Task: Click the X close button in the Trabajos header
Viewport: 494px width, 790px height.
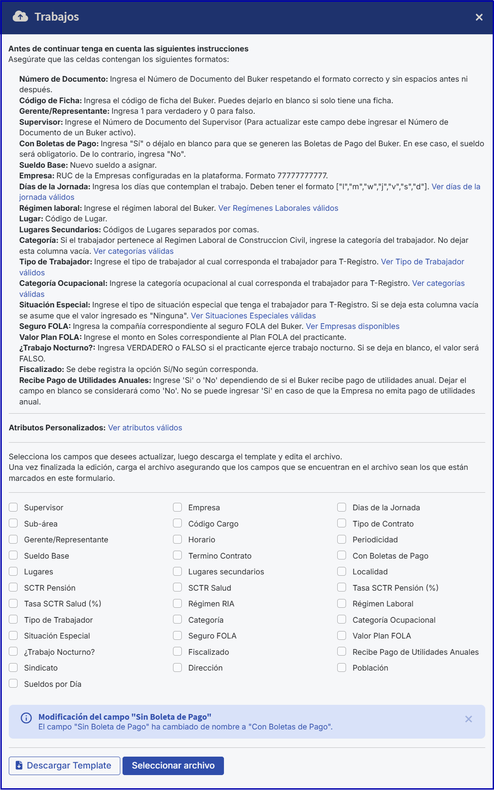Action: coord(479,17)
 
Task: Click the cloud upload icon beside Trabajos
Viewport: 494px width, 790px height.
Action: coord(20,17)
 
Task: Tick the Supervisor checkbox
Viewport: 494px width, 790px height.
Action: coord(14,507)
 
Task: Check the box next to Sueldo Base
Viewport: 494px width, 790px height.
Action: coord(14,556)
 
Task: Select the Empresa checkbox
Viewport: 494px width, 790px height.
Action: coord(177,507)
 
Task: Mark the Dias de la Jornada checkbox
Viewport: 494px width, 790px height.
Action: coord(342,507)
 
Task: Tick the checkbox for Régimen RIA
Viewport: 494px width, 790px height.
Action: coord(177,603)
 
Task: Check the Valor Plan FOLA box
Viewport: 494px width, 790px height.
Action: coord(342,635)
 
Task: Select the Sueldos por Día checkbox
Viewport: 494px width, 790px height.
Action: coord(14,684)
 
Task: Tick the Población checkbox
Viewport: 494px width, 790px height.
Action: coord(342,667)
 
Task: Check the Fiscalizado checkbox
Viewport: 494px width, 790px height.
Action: coord(177,652)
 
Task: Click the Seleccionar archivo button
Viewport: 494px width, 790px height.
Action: coord(173,765)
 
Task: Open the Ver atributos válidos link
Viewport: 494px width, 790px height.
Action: coord(145,428)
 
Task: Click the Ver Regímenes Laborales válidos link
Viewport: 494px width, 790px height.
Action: coord(278,208)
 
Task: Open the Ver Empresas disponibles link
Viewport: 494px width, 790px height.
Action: coord(353,326)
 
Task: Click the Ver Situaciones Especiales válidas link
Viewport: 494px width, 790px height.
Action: coord(253,316)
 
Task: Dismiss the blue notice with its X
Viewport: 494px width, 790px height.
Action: coord(469,719)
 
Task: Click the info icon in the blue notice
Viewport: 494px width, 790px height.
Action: coord(26,718)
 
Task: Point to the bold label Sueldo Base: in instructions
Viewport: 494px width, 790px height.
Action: coord(43,165)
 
